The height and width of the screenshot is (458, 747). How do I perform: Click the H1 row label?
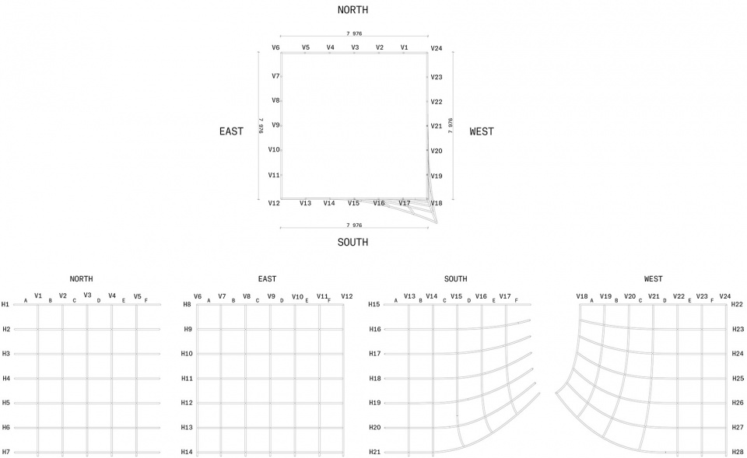pyautogui.click(x=5, y=304)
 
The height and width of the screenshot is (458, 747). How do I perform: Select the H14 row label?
pyautogui.click(x=187, y=452)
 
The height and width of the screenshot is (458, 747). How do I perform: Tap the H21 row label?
pyautogui.click(x=375, y=452)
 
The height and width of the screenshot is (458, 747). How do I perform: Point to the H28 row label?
pyautogui.click(x=738, y=452)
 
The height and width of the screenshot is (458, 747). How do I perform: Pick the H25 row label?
pyautogui.click(x=738, y=378)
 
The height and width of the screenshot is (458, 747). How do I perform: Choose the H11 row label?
pyautogui.click(x=187, y=379)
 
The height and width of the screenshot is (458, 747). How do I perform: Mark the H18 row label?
pyautogui.click(x=375, y=379)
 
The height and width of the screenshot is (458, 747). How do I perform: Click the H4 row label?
pyautogui.click(x=5, y=379)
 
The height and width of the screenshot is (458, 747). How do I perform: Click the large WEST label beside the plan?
pyautogui.click(x=482, y=131)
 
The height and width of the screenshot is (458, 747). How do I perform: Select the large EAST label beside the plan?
pyautogui.click(x=232, y=131)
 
